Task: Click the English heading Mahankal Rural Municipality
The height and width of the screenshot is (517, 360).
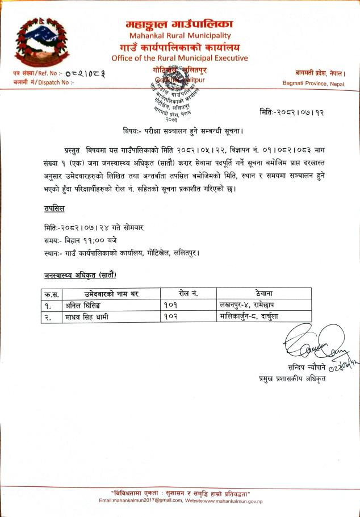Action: click(179, 35)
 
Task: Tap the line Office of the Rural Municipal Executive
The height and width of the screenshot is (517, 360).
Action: click(179, 58)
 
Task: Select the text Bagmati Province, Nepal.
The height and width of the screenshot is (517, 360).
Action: click(314, 84)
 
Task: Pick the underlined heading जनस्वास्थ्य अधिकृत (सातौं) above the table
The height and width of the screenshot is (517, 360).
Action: click(80, 276)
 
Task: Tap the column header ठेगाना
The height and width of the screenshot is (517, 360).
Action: click(265, 294)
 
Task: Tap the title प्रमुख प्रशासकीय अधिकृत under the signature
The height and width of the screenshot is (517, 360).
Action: click(292, 378)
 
